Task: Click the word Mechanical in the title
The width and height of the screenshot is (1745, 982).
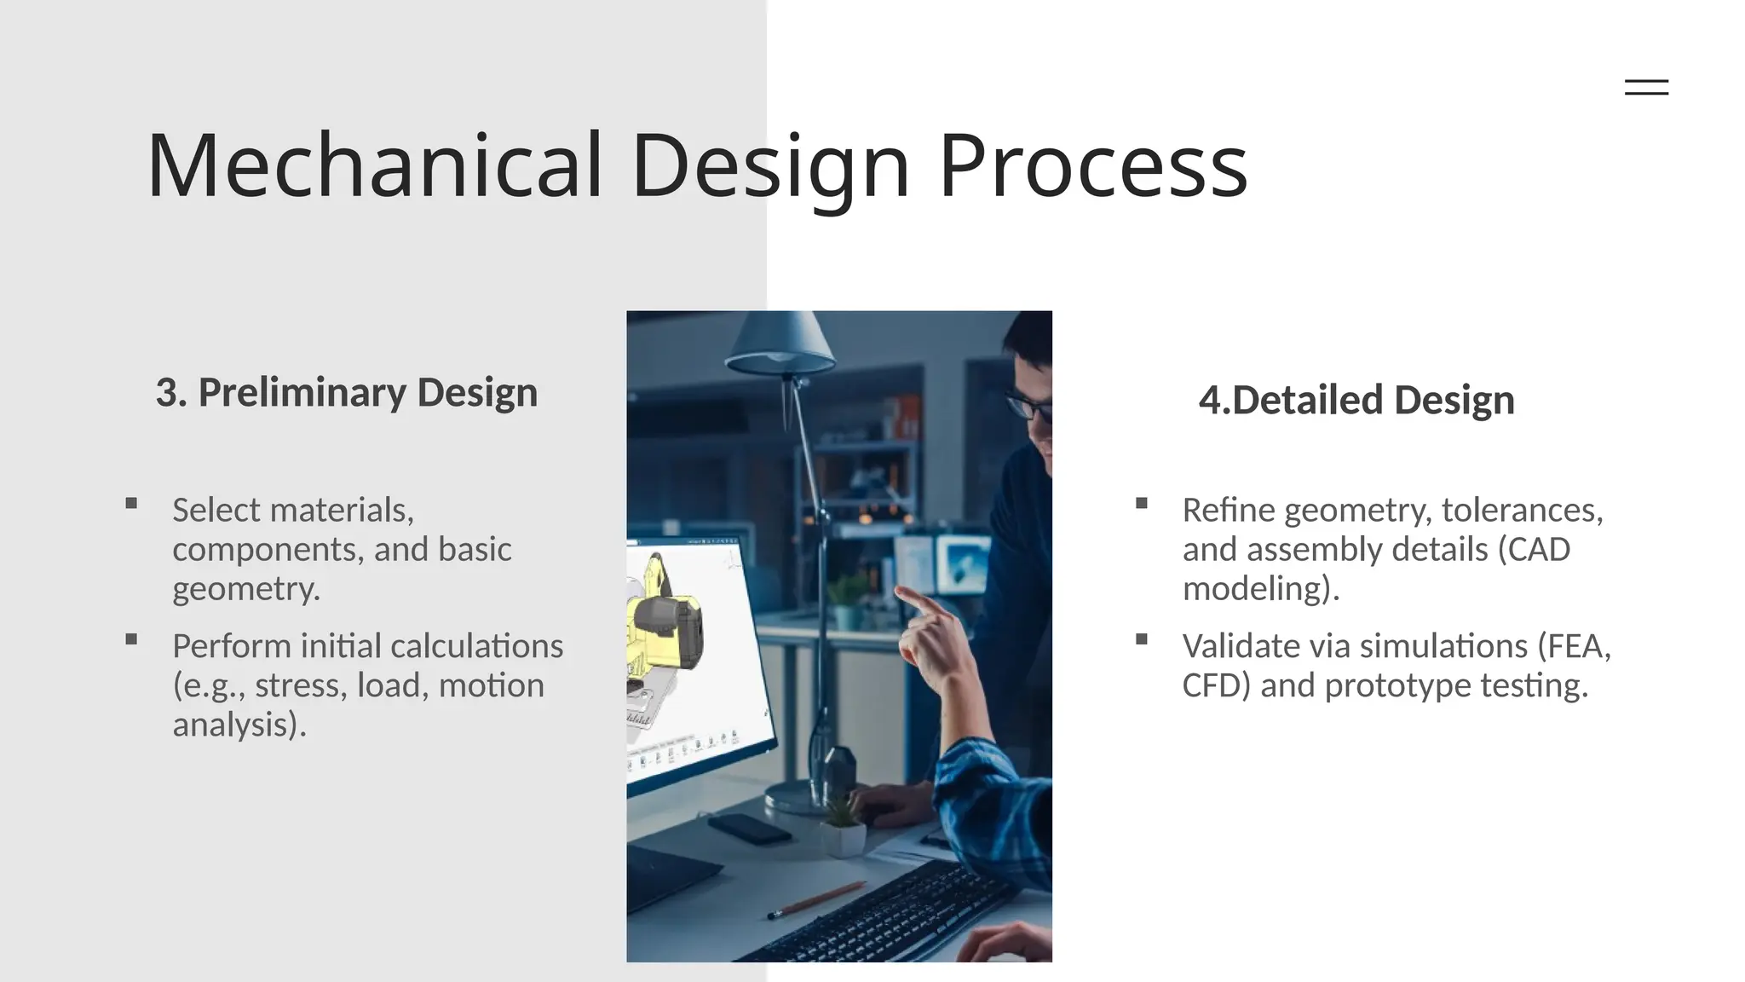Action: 375,166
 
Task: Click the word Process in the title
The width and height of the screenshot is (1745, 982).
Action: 1092,166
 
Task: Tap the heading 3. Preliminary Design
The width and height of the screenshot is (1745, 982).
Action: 346,393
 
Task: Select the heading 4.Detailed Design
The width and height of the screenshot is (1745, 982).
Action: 1356,400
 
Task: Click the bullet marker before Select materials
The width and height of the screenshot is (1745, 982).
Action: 131,504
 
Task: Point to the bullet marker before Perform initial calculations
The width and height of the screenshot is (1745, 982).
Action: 131,639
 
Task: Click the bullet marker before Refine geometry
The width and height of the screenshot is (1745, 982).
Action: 1142,504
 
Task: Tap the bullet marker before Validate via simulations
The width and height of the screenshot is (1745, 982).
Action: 1142,639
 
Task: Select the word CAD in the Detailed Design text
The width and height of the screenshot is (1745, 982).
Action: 1539,550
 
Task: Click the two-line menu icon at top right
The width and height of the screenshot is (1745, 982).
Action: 1646,87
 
